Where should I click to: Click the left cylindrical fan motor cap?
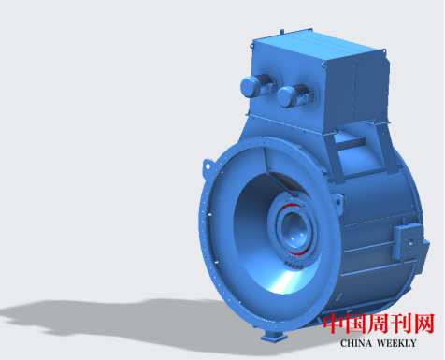pos(250,86)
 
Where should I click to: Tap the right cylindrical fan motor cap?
pos(287,96)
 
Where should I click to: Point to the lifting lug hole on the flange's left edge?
pos(208,166)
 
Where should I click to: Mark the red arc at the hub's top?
pos(292,206)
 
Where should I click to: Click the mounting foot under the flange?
pos(274,338)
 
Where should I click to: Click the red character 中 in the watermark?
pos(334,324)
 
